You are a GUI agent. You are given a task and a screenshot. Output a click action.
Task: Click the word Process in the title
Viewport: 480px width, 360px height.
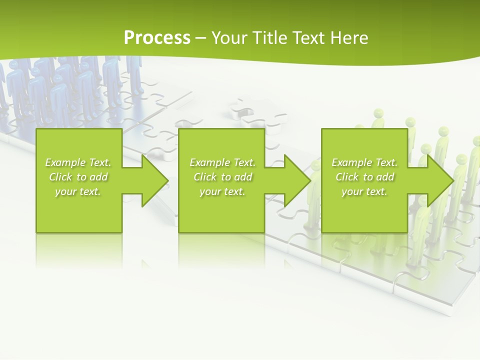click(157, 38)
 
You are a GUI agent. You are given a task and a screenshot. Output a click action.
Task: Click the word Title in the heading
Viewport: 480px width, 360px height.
click(269, 38)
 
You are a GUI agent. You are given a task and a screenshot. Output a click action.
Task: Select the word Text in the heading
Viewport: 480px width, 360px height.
click(309, 38)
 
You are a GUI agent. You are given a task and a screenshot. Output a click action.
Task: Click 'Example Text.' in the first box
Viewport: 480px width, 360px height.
click(78, 162)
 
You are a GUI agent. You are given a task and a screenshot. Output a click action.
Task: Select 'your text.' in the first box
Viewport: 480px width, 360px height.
click(78, 191)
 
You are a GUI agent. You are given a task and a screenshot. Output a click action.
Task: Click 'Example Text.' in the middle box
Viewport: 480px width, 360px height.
click(222, 162)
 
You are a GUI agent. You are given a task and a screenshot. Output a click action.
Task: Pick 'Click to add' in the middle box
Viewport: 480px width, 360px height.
click(222, 177)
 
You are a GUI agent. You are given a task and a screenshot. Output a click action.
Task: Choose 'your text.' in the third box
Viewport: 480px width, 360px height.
click(364, 191)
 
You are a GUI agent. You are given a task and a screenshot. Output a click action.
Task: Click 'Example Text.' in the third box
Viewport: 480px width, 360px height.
click(364, 162)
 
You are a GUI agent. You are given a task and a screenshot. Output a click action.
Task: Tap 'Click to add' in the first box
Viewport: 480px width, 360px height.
click(78, 177)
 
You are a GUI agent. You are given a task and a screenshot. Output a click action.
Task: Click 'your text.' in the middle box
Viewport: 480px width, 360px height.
click(222, 191)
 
